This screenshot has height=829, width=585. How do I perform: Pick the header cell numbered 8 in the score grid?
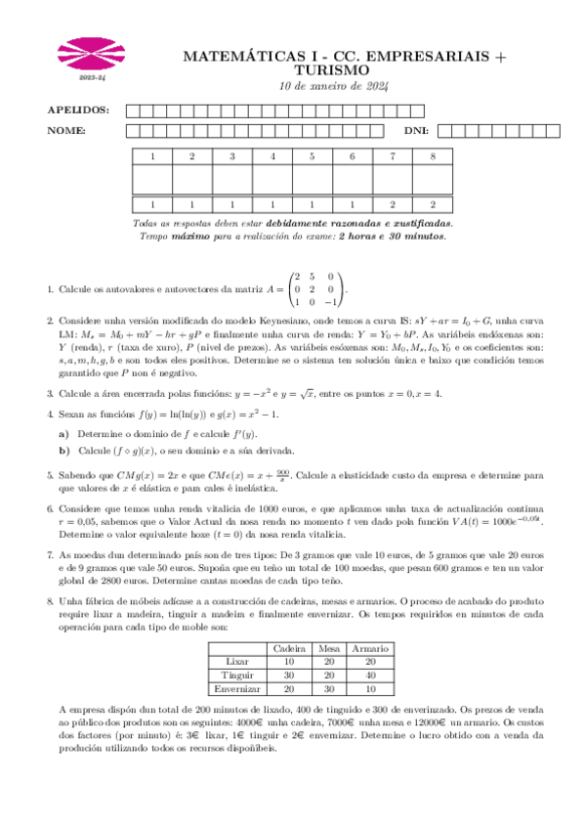(x=433, y=156)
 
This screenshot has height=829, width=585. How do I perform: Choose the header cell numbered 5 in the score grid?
(x=312, y=156)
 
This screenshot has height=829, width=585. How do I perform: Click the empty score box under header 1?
(x=151, y=180)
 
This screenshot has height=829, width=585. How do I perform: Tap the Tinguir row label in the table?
(x=234, y=675)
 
